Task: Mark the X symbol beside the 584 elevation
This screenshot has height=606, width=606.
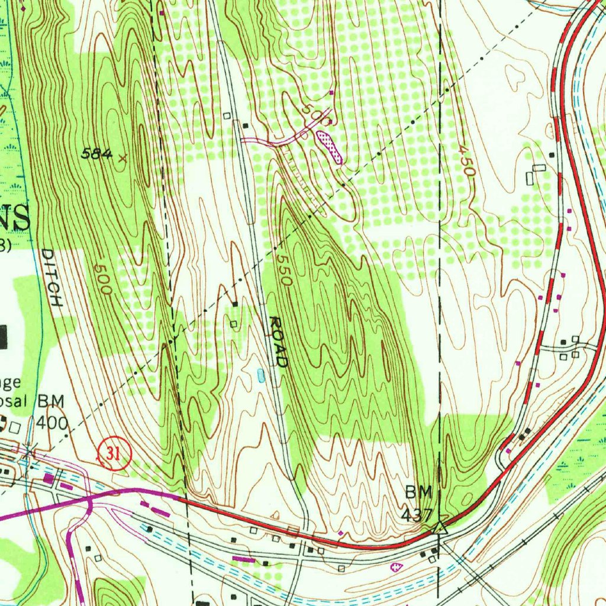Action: pyautogui.click(x=123, y=158)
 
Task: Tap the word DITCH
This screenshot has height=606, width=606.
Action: pyautogui.click(x=52, y=278)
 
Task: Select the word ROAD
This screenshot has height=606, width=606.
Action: pyautogui.click(x=278, y=342)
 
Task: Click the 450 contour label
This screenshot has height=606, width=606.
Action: pyautogui.click(x=467, y=161)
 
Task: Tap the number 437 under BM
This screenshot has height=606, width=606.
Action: pyautogui.click(x=417, y=515)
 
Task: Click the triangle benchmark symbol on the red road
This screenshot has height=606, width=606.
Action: pyautogui.click(x=439, y=527)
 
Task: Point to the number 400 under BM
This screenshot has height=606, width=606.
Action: pyautogui.click(x=52, y=423)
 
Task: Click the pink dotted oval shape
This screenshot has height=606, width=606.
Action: pyautogui.click(x=330, y=147)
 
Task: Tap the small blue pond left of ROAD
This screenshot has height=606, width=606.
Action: pyautogui.click(x=261, y=375)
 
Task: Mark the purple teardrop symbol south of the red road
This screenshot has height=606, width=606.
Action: pyautogui.click(x=397, y=566)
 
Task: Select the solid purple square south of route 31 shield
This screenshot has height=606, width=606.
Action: pyautogui.click(x=49, y=478)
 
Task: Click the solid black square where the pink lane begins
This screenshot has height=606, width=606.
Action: pyautogui.click(x=246, y=125)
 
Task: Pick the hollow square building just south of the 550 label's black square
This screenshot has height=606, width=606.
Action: pyautogui.click(x=234, y=324)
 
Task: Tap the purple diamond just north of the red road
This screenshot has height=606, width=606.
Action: pyautogui.click(x=341, y=533)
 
